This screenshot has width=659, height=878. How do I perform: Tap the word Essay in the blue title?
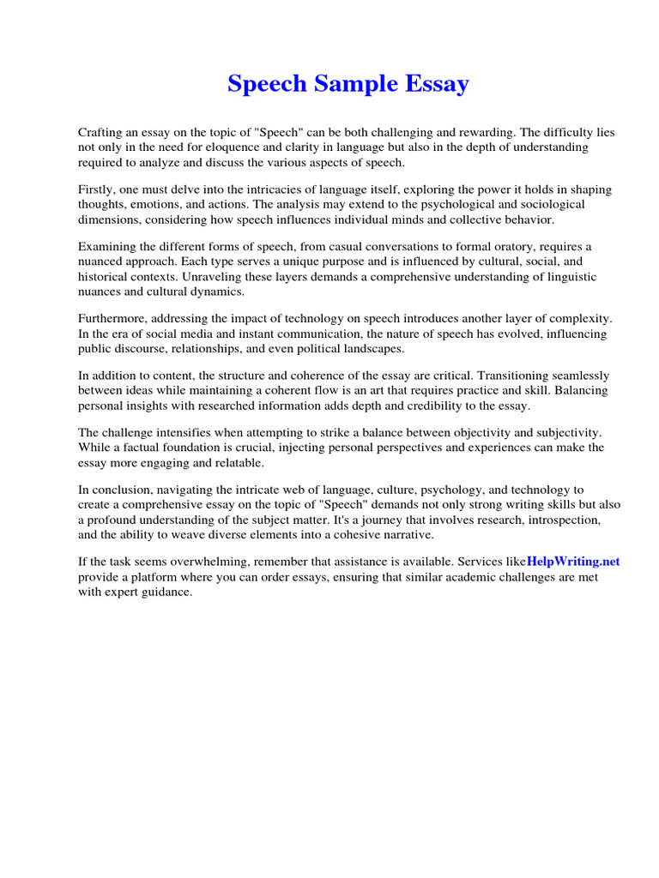coord(438,84)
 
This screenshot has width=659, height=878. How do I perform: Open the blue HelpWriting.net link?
coord(572,562)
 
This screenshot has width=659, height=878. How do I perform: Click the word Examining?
coord(107,247)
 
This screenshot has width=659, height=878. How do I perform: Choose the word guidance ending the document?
coord(166,591)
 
